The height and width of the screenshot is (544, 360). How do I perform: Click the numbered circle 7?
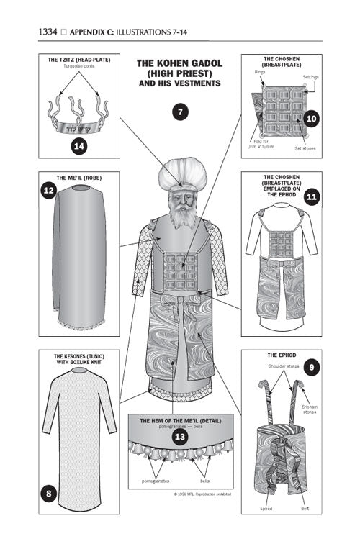[180, 112]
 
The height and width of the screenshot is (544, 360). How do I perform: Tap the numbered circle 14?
[81, 146]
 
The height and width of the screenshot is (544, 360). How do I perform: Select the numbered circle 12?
[49, 191]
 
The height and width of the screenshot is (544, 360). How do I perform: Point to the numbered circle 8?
[49, 494]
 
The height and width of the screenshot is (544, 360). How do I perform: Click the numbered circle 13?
[179, 435]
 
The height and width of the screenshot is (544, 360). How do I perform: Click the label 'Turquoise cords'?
[79, 66]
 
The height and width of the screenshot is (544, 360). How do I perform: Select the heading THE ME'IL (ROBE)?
[78, 176]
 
